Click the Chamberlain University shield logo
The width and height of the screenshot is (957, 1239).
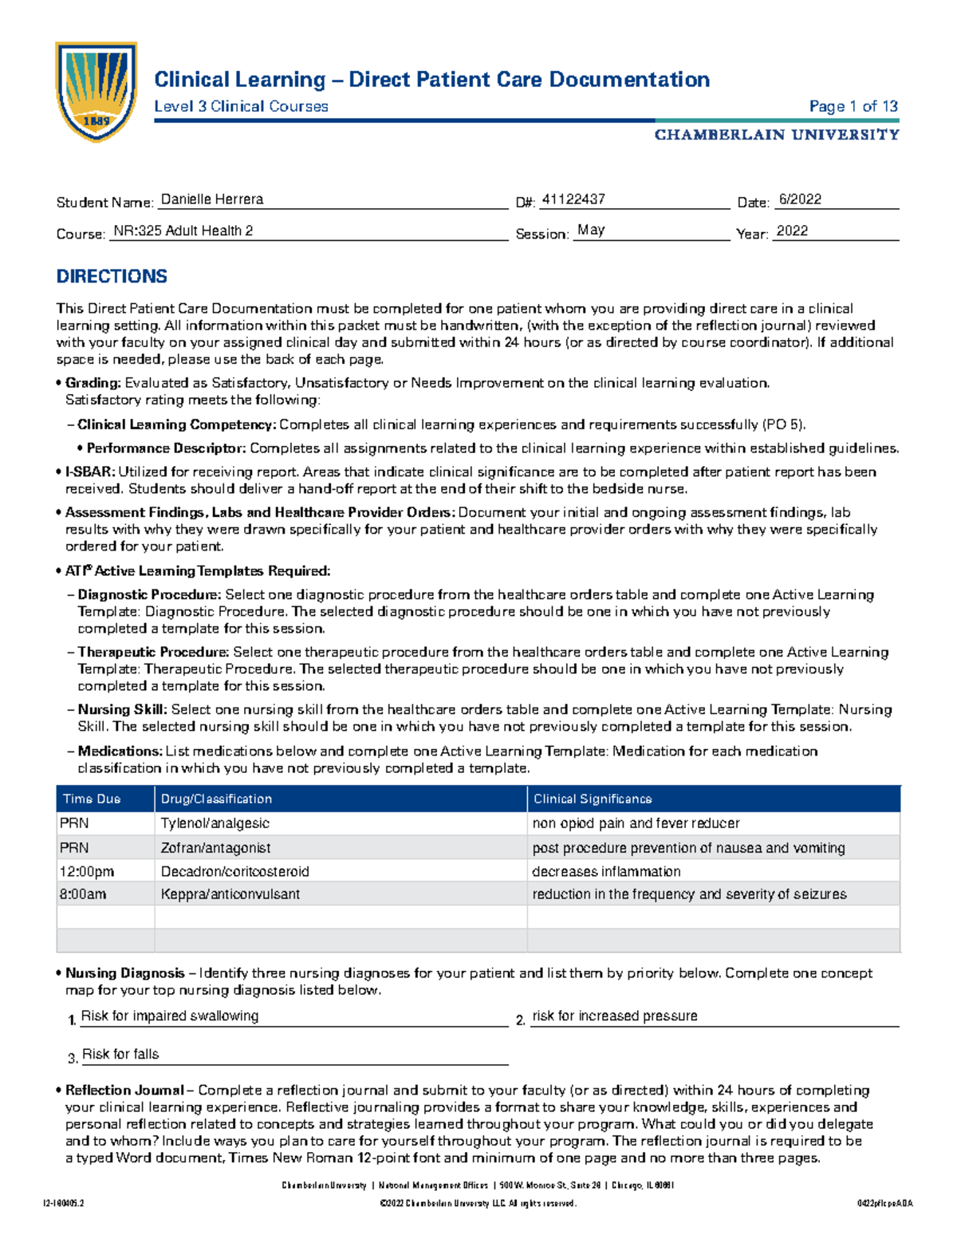(x=96, y=92)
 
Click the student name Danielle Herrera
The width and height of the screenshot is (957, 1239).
(x=212, y=199)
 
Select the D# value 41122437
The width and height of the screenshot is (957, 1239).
(x=573, y=199)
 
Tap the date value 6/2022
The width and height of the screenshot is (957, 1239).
(x=800, y=199)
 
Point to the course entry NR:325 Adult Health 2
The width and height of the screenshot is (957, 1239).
(x=183, y=231)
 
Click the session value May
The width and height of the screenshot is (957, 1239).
(x=591, y=230)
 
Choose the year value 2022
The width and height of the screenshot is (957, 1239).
(x=792, y=231)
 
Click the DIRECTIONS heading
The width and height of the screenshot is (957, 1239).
(x=112, y=276)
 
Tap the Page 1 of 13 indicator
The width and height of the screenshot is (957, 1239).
(x=853, y=106)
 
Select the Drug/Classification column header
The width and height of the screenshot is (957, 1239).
(x=216, y=799)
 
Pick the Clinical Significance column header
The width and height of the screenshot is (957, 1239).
(x=593, y=799)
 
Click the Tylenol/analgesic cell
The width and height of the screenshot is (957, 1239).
(x=215, y=823)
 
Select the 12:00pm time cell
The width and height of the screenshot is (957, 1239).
(x=87, y=871)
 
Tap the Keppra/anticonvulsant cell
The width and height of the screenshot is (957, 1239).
(x=230, y=894)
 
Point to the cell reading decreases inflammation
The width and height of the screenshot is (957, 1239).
(x=606, y=871)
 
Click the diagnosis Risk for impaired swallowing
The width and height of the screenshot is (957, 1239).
(x=170, y=1016)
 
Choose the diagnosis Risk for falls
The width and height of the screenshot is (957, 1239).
(x=120, y=1054)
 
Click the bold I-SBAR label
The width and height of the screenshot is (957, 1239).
(x=90, y=472)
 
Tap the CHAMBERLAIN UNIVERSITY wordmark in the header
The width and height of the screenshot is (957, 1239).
(x=777, y=135)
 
